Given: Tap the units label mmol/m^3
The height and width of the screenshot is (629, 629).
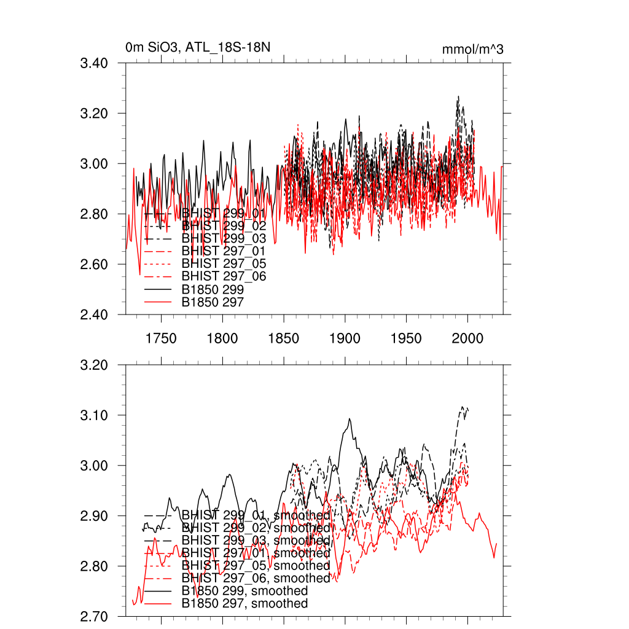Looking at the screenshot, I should tap(472, 49).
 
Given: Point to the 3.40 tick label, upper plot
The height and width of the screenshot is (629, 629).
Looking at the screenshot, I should tap(95, 63).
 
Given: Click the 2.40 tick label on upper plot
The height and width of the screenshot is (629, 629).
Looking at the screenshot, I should tap(95, 315).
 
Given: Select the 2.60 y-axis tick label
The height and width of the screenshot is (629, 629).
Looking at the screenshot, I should tap(95, 265).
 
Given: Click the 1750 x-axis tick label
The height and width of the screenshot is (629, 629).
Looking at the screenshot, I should tap(161, 338).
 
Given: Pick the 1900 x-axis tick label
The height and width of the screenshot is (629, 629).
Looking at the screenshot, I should tap(345, 338).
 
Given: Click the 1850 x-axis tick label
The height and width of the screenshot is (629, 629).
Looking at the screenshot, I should tap(283, 338).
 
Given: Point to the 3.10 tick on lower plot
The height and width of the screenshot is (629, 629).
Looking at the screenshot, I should tap(95, 416).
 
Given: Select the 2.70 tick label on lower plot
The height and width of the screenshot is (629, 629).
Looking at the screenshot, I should tap(95, 616).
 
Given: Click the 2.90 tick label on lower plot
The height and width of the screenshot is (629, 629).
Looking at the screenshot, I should tap(95, 516).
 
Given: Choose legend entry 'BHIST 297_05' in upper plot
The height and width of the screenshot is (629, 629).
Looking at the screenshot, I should tap(224, 264).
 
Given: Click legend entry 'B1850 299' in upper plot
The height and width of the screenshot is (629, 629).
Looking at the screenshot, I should tap(213, 289).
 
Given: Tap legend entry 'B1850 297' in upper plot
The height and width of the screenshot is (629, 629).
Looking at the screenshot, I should tap(213, 302).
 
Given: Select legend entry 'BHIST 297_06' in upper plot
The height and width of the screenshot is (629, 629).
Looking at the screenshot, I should tap(224, 276).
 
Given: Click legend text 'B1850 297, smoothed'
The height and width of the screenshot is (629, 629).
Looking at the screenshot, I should tap(244, 604).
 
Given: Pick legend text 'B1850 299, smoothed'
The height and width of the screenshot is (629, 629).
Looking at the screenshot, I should tap(244, 591).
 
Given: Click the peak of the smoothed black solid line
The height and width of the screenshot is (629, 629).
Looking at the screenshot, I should tap(350, 419).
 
